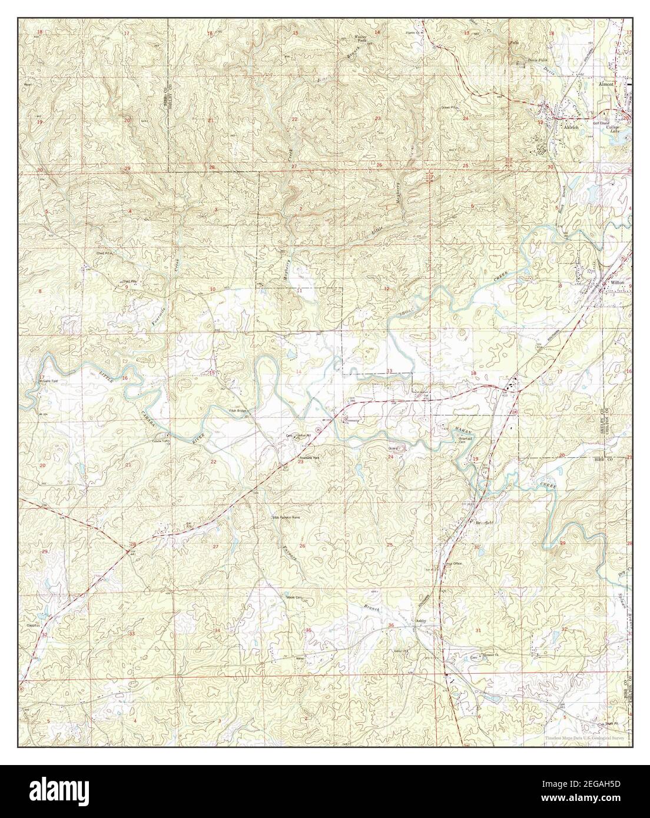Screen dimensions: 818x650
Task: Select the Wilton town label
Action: pyautogui.click(x=618, y=283)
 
